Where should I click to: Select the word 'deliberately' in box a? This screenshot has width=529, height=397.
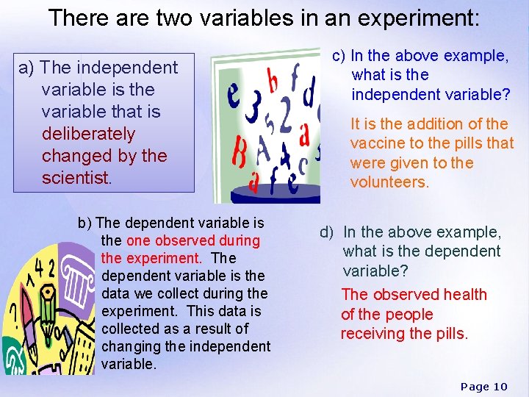coord(89,134)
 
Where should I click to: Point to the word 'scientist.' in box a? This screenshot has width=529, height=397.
coord(76,178)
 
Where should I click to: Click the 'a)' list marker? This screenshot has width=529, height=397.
coord(27,68)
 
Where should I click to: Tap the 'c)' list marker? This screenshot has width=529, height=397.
coord(339,55)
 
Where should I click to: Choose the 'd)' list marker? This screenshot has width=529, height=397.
coord(327,232)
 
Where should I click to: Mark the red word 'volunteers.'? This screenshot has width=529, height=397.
coord(389,182)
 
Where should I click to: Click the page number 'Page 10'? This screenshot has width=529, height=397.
coord(483,387)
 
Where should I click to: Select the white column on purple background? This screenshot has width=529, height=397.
coord(78,287)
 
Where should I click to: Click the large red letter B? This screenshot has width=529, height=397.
coord(240,156)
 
